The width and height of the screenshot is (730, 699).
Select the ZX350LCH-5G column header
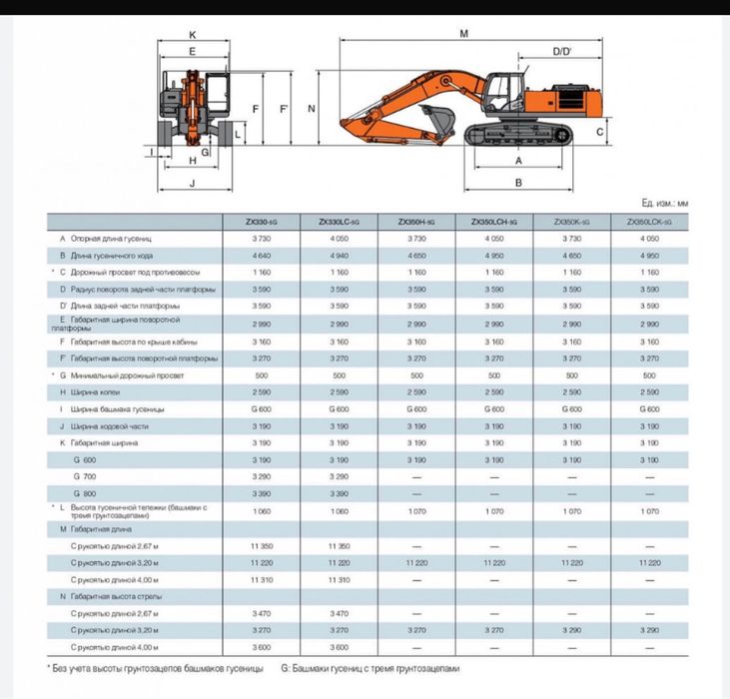point(493,222)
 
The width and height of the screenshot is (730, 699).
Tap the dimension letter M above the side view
point(464,34)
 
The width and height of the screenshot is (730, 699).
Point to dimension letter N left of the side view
point(312,108)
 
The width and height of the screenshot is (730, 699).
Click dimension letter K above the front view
point(191,34)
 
